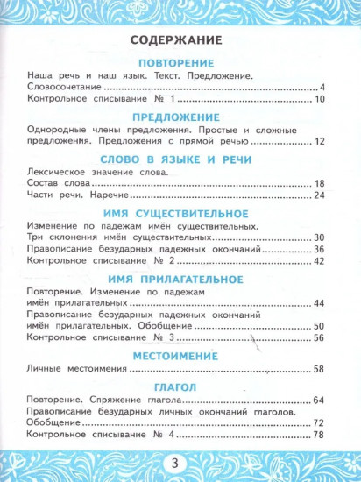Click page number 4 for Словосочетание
[x=322, y=88]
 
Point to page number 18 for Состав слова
[x=320, y=183]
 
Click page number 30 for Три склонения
[x=320, y=237]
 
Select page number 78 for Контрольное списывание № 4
[x=320, y=436]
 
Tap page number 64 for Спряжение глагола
[x=320, y=401]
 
